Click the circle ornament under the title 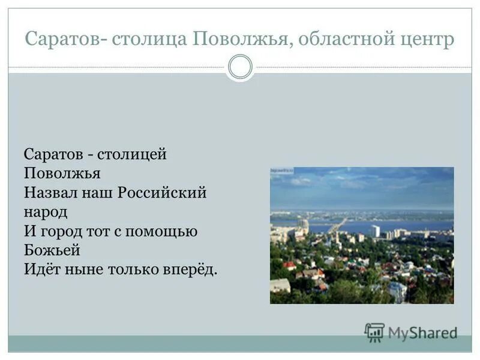(240, 67)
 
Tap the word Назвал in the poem (49, 193)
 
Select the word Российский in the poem (162, 193)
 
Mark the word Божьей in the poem (52, 250)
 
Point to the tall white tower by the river (375, 231)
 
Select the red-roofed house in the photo (290, 265)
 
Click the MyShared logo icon (374, 332)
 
